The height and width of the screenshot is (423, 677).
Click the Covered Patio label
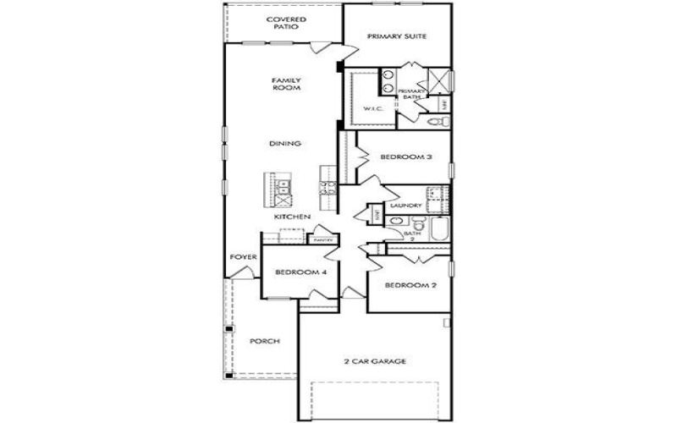[286, 23]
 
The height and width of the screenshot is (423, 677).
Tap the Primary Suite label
[395, 36]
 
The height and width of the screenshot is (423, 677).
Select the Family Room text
[286, 85]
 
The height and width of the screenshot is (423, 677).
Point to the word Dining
[286, 144]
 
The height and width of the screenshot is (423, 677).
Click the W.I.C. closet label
[374, 109]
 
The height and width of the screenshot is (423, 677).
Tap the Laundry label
[407, 206]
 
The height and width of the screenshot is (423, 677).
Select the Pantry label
[322, 241]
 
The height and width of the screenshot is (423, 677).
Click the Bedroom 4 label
[300, 272]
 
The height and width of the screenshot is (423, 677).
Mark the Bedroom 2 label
[410, 285]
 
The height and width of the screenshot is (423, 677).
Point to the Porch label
[264, 342]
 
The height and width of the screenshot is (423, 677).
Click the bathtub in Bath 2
[438, 230]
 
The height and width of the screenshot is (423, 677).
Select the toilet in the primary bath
[436, 124]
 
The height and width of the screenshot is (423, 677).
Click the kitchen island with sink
[279, 194]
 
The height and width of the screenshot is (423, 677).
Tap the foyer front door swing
[243, 272]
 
